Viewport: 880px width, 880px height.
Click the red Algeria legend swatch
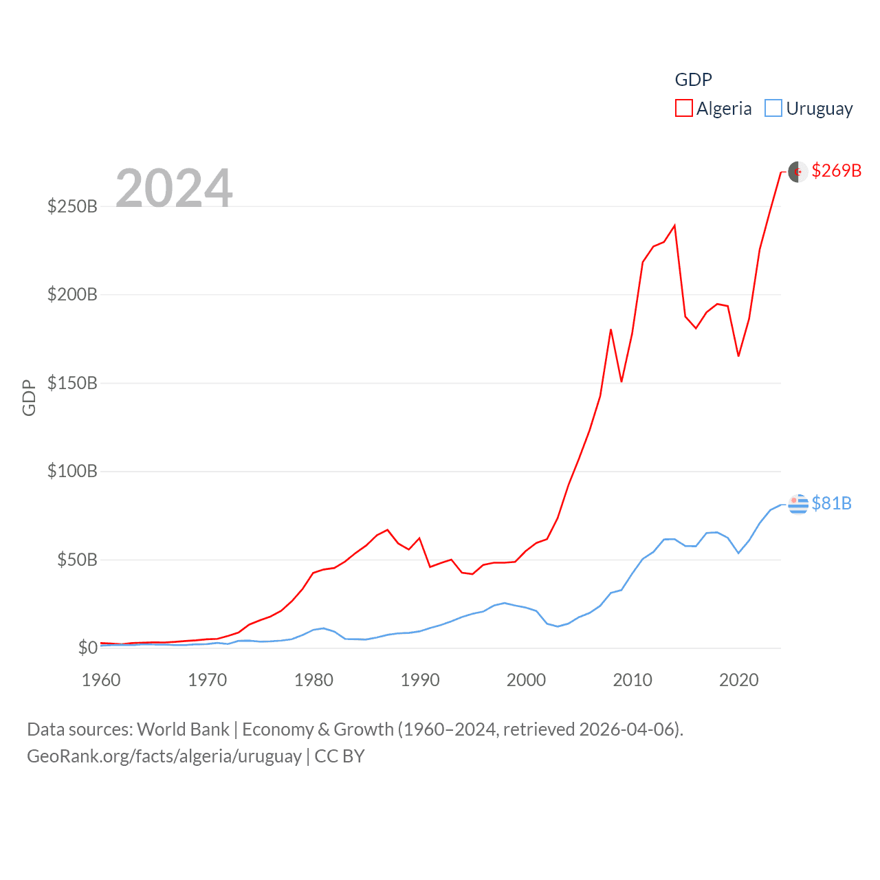pos(683,109)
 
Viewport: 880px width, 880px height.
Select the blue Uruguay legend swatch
pos(773,109)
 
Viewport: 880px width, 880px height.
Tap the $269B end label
pos(836,170)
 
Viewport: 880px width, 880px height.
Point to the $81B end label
pos(831,503)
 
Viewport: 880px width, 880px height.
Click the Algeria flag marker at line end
pos(797,171)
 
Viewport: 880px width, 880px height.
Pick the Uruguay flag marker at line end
pos(797,504)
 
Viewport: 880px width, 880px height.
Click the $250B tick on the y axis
pos(72,206)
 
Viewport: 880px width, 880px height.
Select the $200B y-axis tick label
pos(72,295)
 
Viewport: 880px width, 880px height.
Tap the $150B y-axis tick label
pos(72,383)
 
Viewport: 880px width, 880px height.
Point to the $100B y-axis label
pos(72,472)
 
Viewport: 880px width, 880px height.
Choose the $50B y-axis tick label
pos(76,560)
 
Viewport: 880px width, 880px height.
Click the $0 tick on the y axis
pos(87,648)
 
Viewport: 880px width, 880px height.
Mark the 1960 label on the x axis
pos(101,680)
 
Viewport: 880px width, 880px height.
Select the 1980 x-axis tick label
pos(313,680)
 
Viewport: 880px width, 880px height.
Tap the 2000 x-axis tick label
pos(526,680)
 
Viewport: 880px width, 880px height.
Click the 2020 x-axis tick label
pos(738,680)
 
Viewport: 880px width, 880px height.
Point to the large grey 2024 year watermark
pos(174,188)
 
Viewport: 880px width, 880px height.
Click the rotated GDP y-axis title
pos(29,397)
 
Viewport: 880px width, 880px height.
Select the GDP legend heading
pos(693,80)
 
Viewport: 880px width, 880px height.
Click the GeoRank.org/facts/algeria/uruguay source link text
pos(164,756)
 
